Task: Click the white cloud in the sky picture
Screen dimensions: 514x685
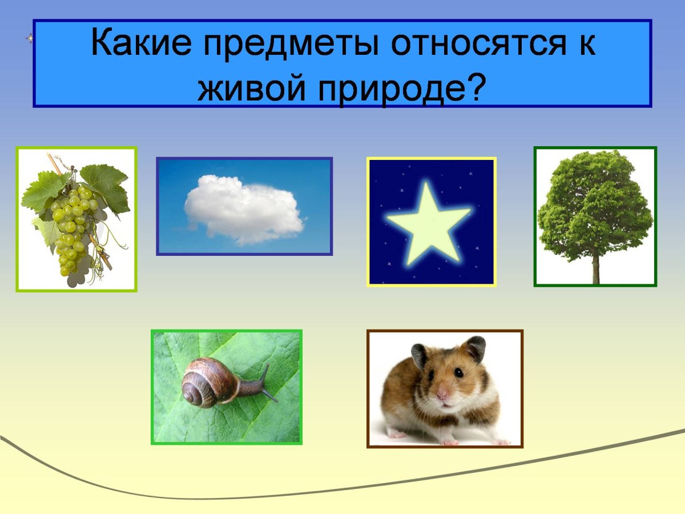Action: click(x=244, y=208)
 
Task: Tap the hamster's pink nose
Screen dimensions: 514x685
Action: click(x=442, y=393)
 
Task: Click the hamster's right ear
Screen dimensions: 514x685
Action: click(x=473, y=350)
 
